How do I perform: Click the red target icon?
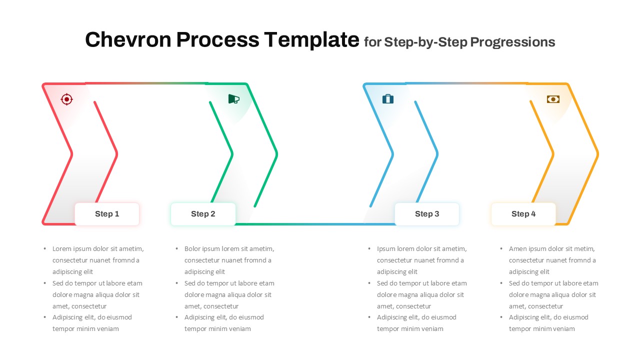(x=66, y=99)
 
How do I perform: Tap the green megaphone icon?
(x=233, y=99)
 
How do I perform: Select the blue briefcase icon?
(x=388, y=99)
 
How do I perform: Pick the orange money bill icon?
(x=553, y=99)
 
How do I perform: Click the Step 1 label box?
(x=107, y=214)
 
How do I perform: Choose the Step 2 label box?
(x=203, y=214)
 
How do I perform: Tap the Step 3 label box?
(x=427, y=214)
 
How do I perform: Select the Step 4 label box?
(x=523, y=214)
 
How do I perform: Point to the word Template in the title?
(x=311, y=40)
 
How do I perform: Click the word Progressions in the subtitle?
(x=513, y=42)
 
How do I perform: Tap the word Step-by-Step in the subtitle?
(x=426, y=42)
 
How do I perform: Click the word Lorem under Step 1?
(x=62, y=248)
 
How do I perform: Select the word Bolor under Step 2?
(x=193, y=248)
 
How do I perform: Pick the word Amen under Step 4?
(x=518, y=248)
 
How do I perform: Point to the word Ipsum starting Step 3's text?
(x=386, y=248)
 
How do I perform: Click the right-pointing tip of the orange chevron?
(x=597, y=154)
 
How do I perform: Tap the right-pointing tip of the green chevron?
(x=276, y=154)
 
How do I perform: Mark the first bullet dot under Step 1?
(x=45, y=248)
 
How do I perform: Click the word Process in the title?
(x=217, y=40)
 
